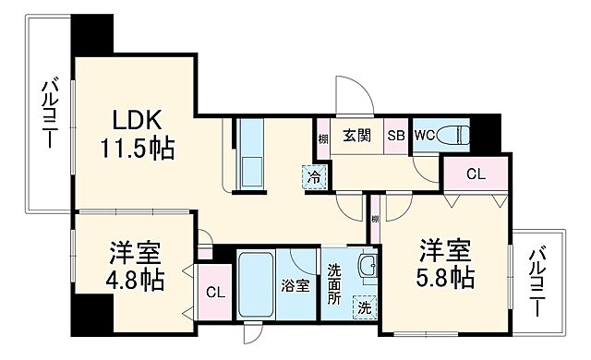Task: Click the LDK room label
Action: pyautogui.click(x=138, y=120)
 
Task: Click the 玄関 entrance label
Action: pyautogui.click(x=357, y=135)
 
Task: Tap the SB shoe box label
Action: pyautogui.click(x=395, y=135)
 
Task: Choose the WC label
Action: pyautogui.click(x=425, y=135)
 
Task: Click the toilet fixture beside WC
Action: pyautogui.click(x=456, y=137)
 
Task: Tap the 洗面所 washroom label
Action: pyautogui.click(x=334, y=285)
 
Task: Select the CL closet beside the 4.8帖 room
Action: pyautogui.click(x=214, y=293)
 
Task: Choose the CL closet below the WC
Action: pyautogui.click(x=475, y=174)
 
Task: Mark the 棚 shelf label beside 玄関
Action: pyautogui.click(x=323, y=138)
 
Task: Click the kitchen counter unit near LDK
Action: pyautogui.click(x=250, y=154)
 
